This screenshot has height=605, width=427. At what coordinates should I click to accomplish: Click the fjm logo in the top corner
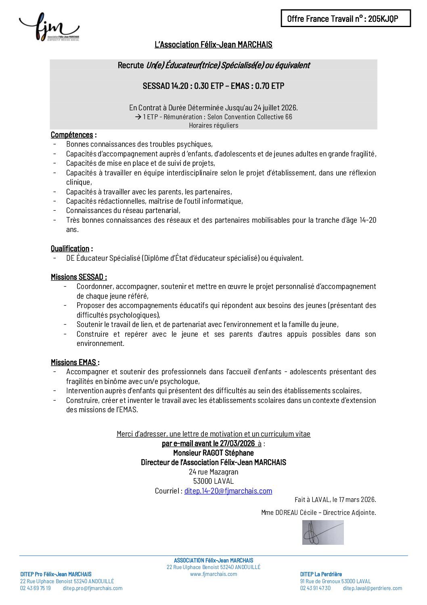(x=49, y=27)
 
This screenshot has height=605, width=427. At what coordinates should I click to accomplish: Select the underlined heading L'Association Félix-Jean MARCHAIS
(x=213, y=44)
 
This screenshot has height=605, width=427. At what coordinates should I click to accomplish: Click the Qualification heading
(x=70, y=248)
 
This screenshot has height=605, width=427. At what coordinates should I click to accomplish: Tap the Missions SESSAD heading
(x=78, y=277)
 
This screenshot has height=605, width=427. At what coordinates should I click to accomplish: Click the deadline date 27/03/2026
(x=237, y=443)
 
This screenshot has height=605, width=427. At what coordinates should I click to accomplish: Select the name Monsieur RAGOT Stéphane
(x=213, y=453)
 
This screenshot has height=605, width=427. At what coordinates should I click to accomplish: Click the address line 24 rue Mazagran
(x=213, y=472)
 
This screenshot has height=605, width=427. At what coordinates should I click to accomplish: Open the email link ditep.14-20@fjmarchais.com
(x=228, y=491)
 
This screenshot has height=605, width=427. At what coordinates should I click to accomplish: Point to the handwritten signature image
(x=323, y=532)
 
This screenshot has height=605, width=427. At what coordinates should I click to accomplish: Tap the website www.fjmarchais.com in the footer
(x=213, y=574)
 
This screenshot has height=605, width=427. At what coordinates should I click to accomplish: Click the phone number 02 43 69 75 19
(x=36, y=588)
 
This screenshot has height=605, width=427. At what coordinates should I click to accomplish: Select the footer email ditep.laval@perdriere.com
(x=372, y=588)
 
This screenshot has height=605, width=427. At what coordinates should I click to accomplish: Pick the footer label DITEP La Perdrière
(x=320, y=574)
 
